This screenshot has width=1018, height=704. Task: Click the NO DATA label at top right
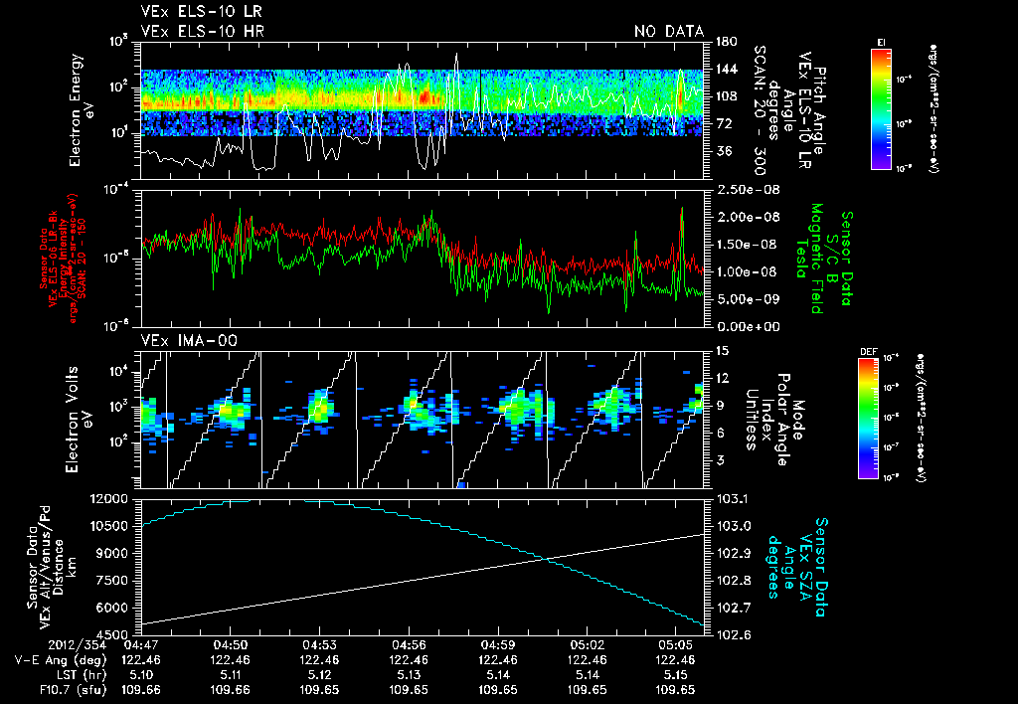point(668,32)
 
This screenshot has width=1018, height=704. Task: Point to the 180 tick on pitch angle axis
point(725,42)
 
